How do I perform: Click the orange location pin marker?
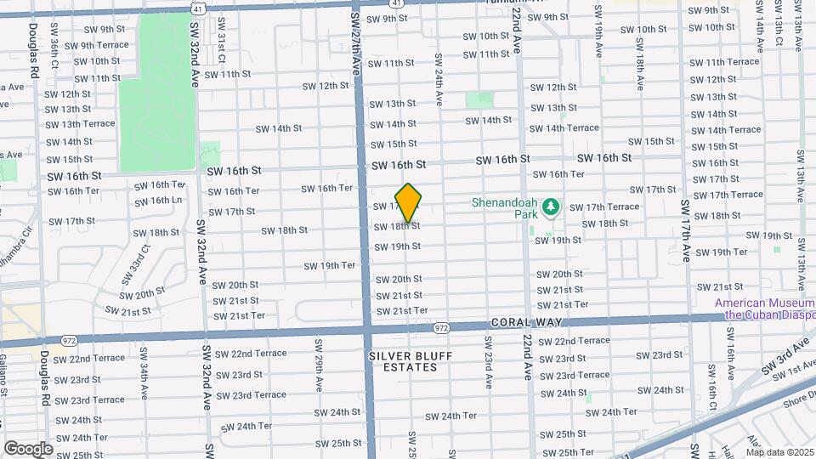click(409, 203)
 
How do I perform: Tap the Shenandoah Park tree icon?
click(550, 207)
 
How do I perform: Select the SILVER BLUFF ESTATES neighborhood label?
click(404, 361)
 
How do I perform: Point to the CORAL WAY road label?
click(520, 323)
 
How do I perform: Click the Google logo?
click(28, 448)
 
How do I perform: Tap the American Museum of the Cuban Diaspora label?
click(764, 309)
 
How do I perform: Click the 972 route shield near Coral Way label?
click(440, 327)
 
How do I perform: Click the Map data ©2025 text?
click(778, 452)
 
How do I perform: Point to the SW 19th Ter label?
click(330, 266)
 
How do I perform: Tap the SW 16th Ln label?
click(159, 201)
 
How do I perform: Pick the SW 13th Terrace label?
click(80, 124)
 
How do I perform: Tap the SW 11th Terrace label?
click(724, 62)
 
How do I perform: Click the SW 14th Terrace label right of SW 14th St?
click(564, 128)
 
